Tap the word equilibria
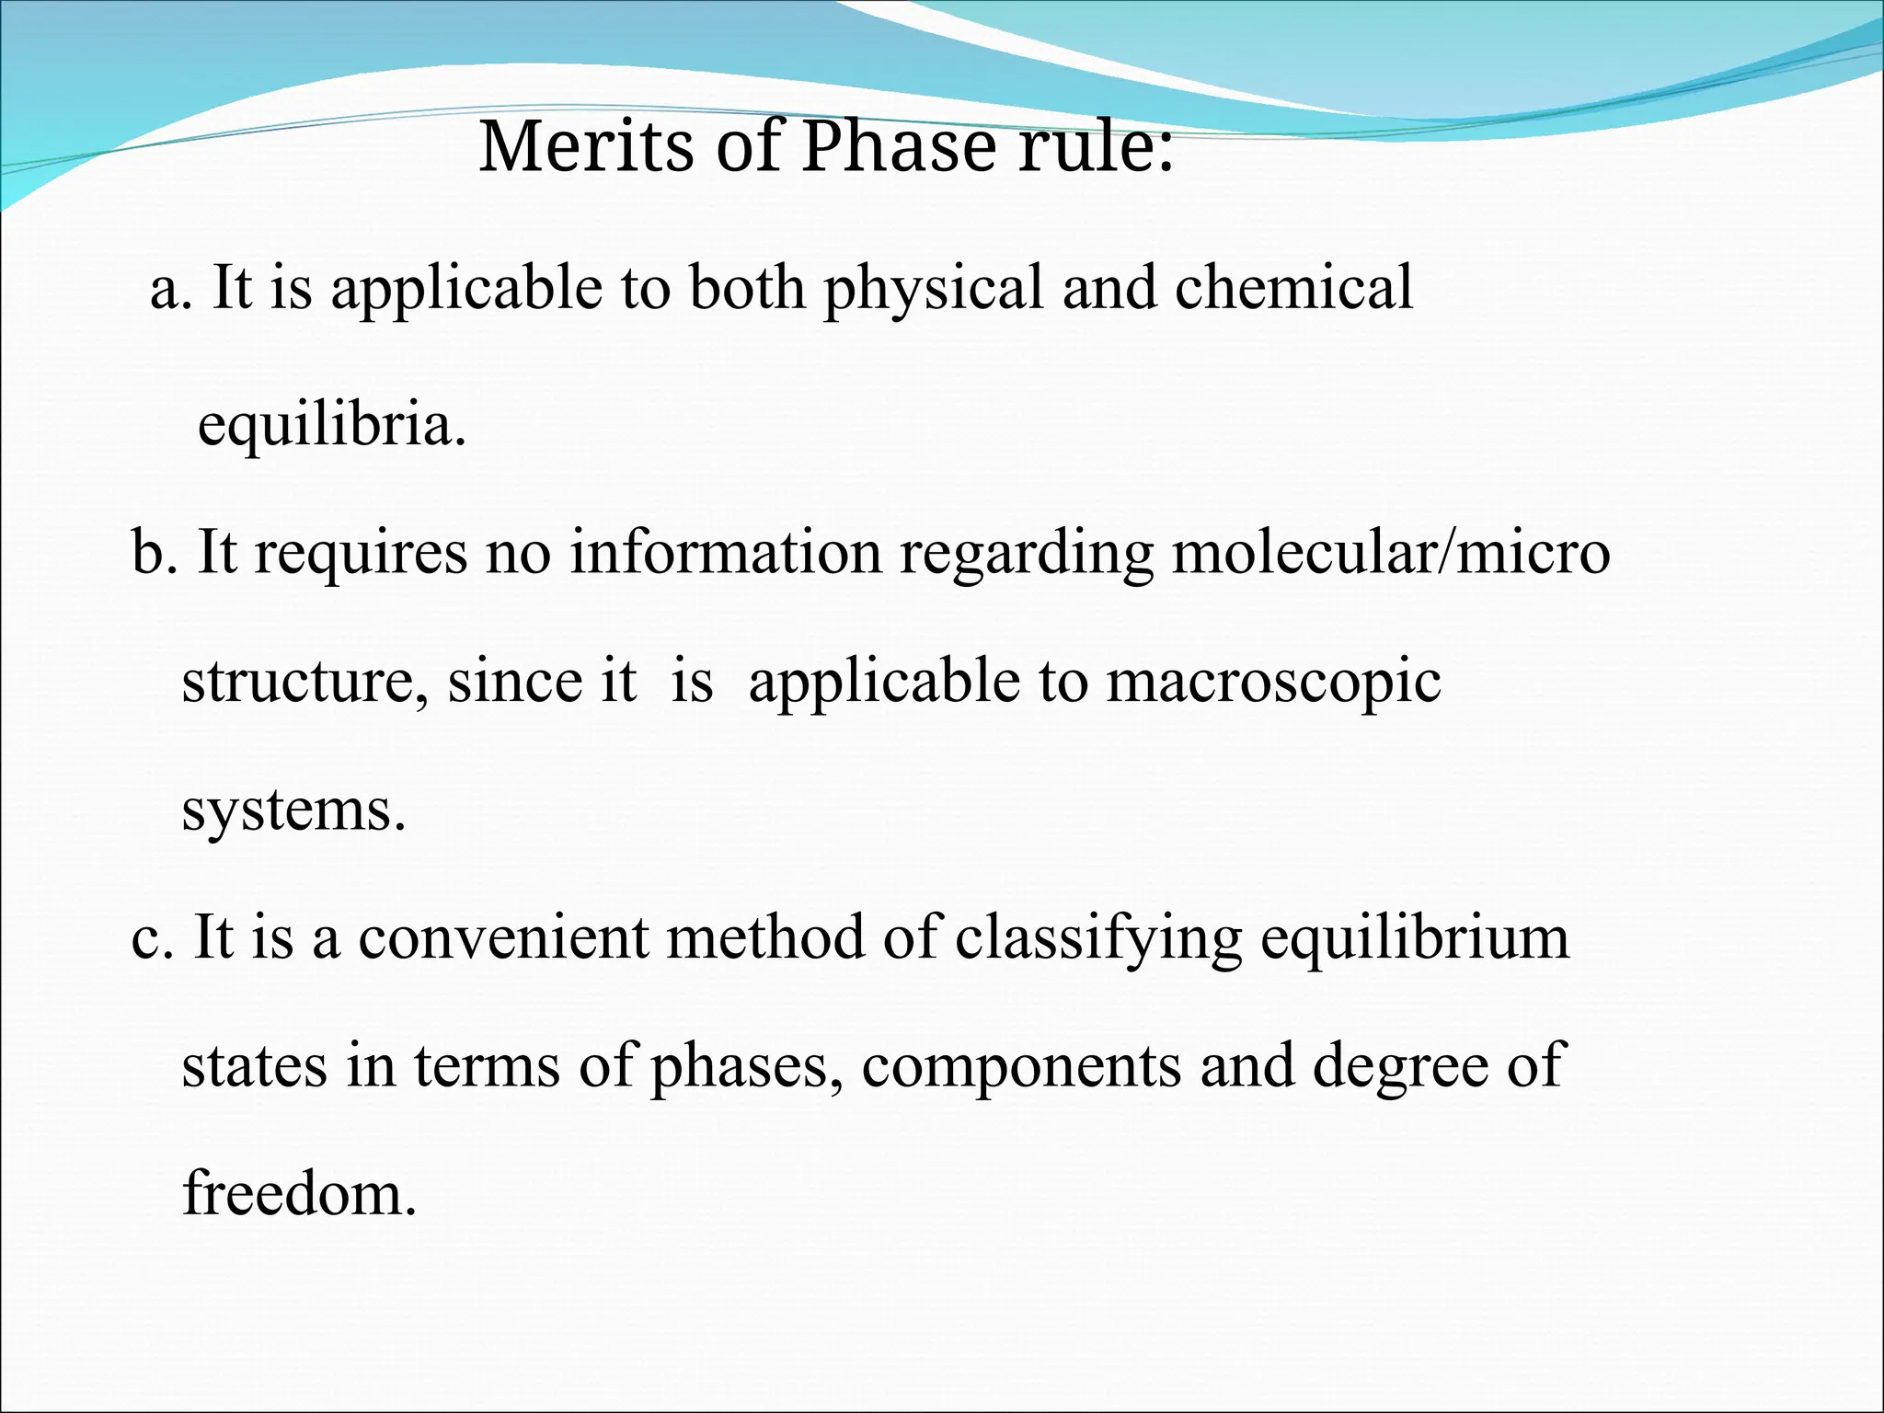[x=332, y=426]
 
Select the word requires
[x=361, y=555]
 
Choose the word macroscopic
[x=1273, y=684]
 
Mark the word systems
[x=293, y=811]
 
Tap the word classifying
[x=1098, y=940]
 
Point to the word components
[x=1021, y=1068]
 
